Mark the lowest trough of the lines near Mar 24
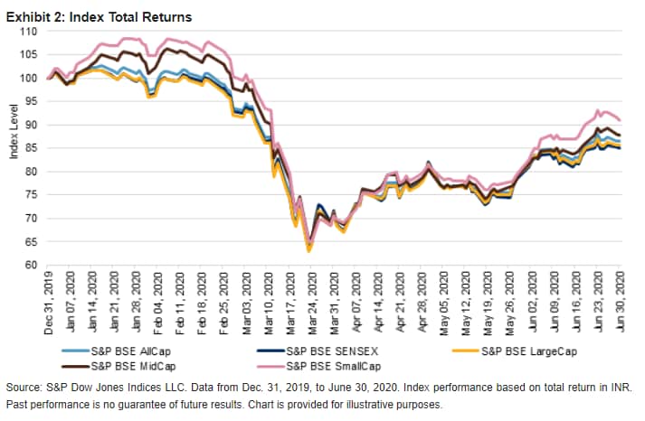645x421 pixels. point(308,250)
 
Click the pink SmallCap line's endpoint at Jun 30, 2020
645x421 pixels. point(620,119)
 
